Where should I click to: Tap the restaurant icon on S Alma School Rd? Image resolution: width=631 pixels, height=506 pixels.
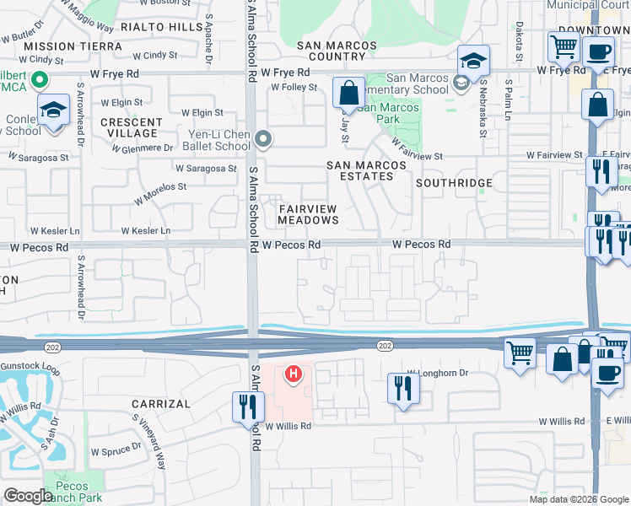(x=248, y=406)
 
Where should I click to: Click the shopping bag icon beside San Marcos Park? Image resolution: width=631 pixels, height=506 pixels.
(x=348, y=93)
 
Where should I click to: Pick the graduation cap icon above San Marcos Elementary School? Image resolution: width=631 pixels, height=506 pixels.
(x=474, y=61)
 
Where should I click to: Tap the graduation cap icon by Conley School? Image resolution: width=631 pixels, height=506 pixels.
(x=53, y=110)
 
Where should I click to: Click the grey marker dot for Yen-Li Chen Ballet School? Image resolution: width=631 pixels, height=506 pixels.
(x=264, y=138)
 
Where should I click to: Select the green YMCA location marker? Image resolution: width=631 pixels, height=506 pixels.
(x=38, y=81)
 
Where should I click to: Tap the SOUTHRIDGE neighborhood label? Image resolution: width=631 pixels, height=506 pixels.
(x=454, y=182)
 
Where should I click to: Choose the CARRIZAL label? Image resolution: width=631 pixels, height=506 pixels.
(x=161, y=404)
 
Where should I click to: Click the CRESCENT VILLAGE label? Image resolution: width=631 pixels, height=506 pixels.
(x=131, y=127)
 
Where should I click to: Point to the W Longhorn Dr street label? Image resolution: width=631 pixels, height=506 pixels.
(x=437, y=372)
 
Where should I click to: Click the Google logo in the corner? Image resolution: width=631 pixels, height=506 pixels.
(x=28, y=496)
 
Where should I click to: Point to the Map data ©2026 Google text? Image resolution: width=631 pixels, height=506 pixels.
(x=578, y=499)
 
